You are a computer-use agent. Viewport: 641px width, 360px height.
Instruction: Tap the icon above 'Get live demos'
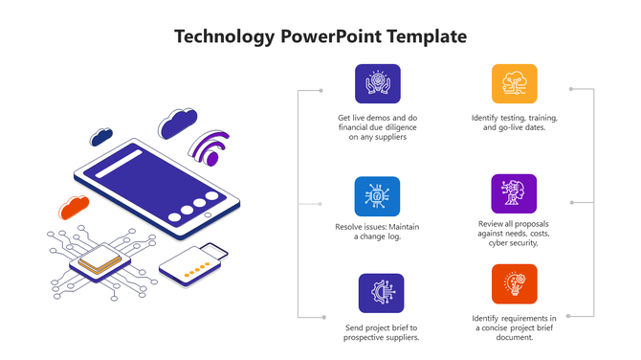point(378,83)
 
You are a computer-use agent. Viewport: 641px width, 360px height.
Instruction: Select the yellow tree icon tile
point(515,83)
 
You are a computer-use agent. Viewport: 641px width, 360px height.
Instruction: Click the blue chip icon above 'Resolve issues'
point(378,195)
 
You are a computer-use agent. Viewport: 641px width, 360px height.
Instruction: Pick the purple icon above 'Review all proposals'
point(515,193)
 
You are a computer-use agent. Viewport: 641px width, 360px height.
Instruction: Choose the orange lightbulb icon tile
point(515,284)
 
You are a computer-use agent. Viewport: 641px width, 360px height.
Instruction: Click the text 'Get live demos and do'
point(378,118)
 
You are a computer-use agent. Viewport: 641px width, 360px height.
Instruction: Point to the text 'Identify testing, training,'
point(515,118)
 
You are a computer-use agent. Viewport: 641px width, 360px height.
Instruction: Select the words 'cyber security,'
point(515,243)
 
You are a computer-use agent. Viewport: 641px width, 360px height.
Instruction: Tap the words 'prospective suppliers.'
point(381,337)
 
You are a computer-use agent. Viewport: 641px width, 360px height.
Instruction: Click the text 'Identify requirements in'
point(515,318)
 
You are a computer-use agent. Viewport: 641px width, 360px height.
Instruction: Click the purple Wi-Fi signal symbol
point(210,149)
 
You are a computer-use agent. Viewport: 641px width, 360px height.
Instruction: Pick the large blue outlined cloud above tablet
point(177,123)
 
